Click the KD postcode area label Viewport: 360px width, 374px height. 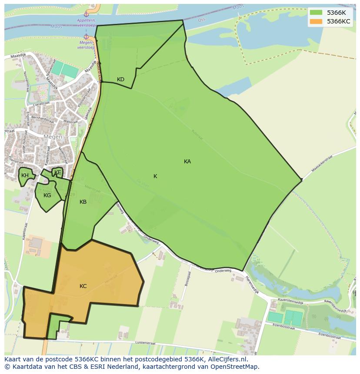pos(120,79)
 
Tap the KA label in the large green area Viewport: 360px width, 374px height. pos(187,162)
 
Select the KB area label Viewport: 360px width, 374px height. pos(83,202)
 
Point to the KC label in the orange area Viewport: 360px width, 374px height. pos(83,286)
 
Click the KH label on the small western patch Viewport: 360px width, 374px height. pos(25,175)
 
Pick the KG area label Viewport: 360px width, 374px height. pos(47,195)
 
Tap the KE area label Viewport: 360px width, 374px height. pos(58,172)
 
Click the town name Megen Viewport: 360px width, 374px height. pos(53,137)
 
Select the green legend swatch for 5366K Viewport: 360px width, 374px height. pos(316,13)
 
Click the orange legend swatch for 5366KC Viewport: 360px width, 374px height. pos(316,21)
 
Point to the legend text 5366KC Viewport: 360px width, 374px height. pos(339,21)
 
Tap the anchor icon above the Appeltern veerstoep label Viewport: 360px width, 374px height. pos(86,15)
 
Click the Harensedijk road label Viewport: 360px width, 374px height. pos(251,285)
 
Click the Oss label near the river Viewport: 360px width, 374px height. pos(201,20)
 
